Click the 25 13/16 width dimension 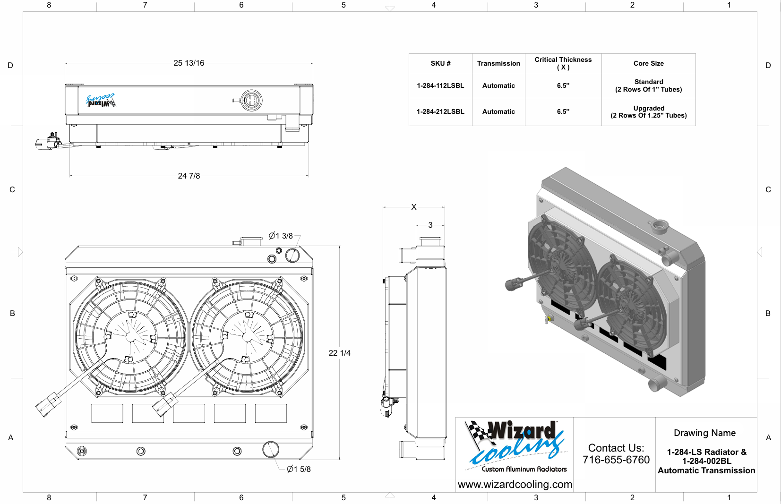pos(189,63)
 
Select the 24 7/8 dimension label pos(189,176)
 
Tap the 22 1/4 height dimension pos(339,353)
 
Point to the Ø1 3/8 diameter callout pos(281,236)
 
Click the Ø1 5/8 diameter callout pos(299,469)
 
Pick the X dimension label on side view pos(414,207)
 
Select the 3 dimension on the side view pos(430,225)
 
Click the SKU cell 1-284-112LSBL pos(440,86)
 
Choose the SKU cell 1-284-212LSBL pos(440,111)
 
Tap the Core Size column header pos(649,63)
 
